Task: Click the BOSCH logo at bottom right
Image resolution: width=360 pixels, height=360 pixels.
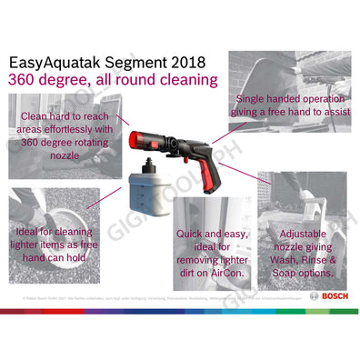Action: click(x=328, y=296)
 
